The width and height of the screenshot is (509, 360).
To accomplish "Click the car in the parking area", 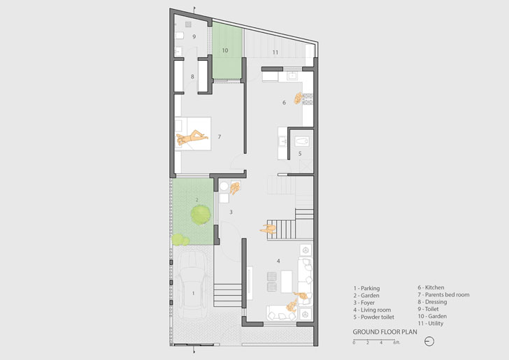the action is point(193,285).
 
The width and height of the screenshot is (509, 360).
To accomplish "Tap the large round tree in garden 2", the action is point(200,215).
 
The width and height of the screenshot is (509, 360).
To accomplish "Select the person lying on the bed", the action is point(192,137).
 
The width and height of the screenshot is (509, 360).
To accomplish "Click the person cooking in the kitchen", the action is point(299,98).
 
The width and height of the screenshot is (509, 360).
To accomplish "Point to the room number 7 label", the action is point(220,137).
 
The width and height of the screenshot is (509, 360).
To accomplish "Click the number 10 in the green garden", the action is point(225,50).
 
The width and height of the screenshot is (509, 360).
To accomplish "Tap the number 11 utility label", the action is point(275,52).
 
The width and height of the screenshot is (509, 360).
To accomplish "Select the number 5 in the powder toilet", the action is point(300,154).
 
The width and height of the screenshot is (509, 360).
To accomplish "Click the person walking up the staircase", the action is point(268,229).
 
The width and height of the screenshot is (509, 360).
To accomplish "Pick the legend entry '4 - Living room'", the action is point(372,310).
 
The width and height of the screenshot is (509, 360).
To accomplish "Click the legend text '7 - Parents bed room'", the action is point(443,295).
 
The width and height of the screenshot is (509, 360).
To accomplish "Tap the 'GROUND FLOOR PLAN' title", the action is point(385,332).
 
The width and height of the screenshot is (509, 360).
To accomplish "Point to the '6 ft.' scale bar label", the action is point(396,343).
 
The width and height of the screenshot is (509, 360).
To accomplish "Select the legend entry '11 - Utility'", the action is point(431,324).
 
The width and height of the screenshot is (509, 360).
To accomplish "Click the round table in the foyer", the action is point(224,187).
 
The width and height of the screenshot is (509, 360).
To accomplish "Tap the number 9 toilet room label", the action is point(194,36).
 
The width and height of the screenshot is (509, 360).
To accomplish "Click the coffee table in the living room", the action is point(287,282).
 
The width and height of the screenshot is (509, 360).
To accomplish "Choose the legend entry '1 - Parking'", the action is point(366,288).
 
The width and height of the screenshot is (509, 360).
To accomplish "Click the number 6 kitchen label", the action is point(284,103).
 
